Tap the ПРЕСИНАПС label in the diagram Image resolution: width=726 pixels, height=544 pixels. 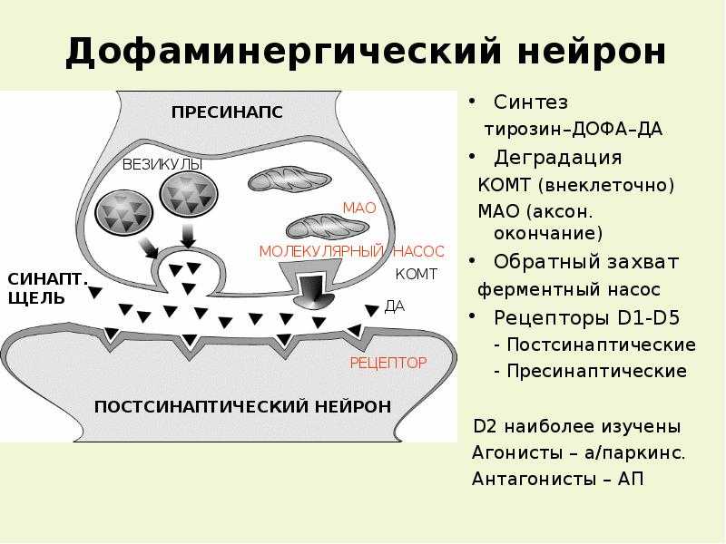tap(228, 112)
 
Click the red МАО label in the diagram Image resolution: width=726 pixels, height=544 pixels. tap(358, 208)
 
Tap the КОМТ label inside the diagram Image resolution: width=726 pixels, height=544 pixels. tap(417, 273)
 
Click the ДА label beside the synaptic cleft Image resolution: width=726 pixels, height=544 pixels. tap(395, 306)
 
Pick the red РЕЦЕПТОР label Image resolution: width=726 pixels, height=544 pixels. tap(388, 363)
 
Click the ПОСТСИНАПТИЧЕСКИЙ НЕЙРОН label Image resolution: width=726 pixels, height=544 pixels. tap(243, 405)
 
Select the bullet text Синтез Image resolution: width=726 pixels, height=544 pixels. tap(531, 102)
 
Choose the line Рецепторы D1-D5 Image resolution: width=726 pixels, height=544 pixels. tap(586, 318)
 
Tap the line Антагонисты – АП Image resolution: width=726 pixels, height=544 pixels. tap(557, 479)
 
